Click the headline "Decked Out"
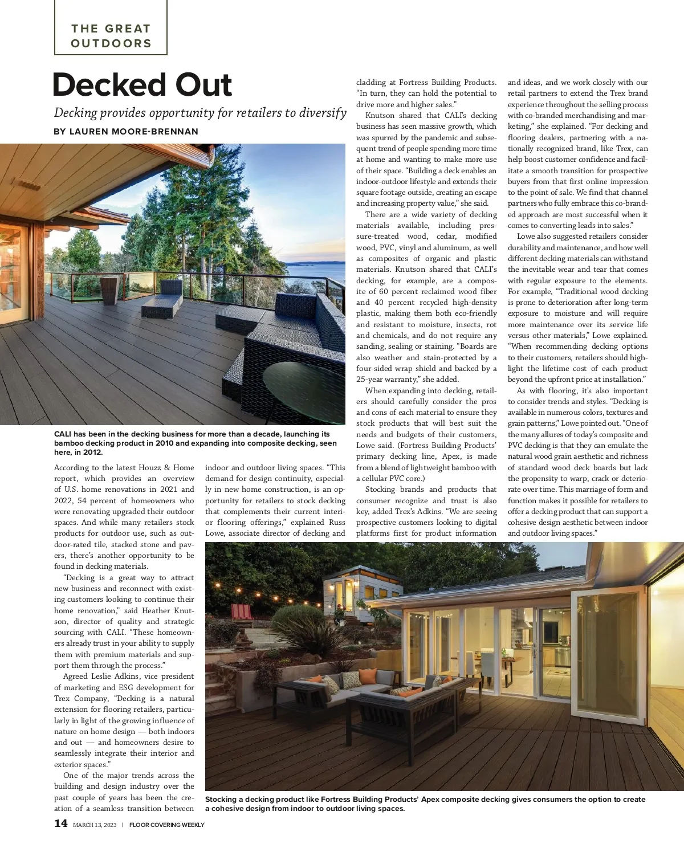tap(142, 85)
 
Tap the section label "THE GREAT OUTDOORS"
tap(111, 36)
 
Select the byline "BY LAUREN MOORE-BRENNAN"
tap(126, 132)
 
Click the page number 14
tap(60, 824)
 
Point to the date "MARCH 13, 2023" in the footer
tap(95, 825)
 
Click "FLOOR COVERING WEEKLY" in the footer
tap(166, 825)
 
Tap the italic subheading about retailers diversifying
tap(200, 113)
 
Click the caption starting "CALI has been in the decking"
tap(196, 443)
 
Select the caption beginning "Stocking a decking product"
tap(425, 804)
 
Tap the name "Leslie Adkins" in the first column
tap(115, 676)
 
